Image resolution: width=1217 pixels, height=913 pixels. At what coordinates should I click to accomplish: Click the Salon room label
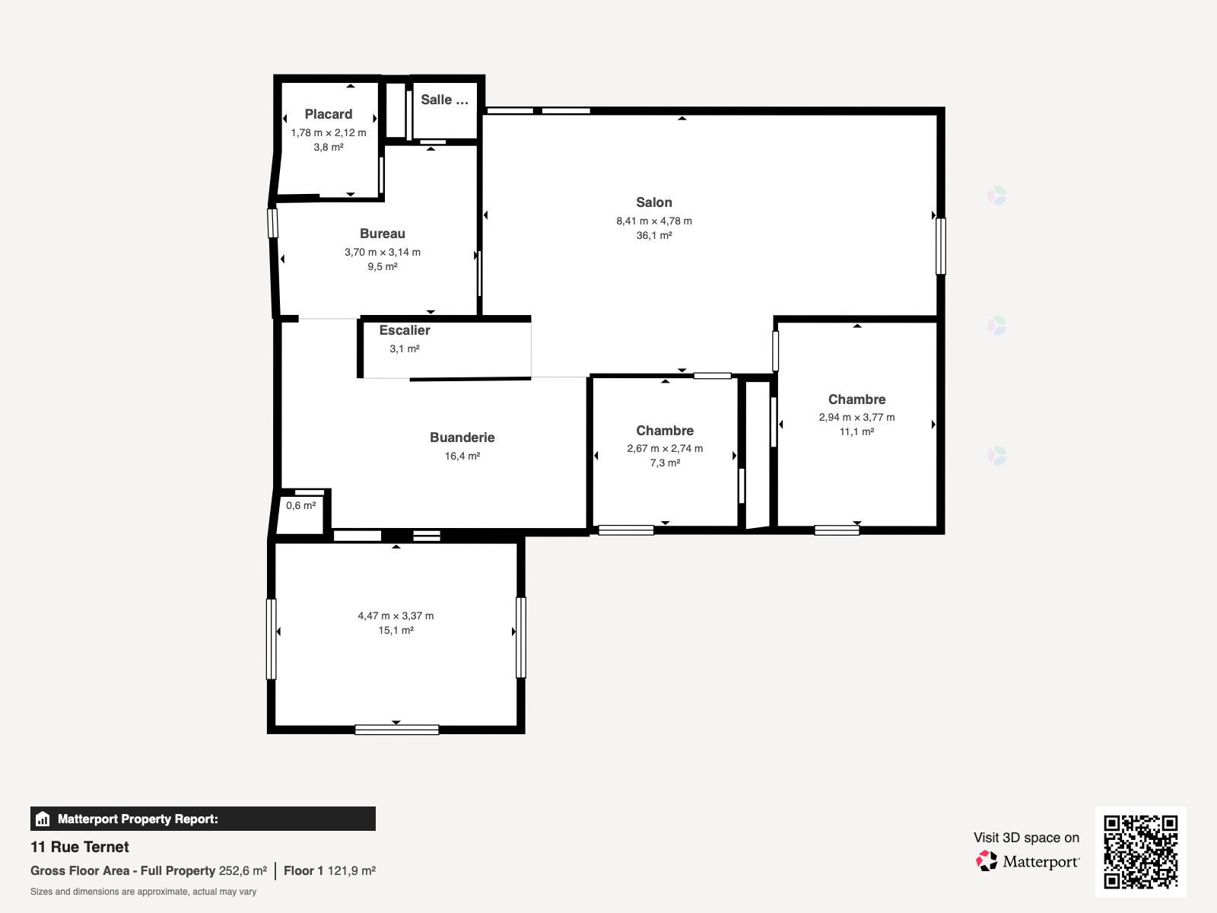(653, 202)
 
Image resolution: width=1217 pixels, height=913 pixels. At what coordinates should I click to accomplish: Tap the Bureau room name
(382, 234)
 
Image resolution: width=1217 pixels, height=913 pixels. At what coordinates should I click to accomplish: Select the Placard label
(329, 114)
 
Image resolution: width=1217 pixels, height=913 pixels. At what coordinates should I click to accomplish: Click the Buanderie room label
(462, 437)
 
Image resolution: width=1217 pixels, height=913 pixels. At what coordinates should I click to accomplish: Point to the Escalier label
(404, 330)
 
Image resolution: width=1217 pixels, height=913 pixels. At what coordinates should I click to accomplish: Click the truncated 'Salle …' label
(444, 100)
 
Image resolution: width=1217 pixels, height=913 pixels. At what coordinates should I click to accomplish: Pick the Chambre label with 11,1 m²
(856, 399)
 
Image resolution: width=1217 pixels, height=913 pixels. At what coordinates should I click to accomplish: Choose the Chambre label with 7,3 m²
(665, 431)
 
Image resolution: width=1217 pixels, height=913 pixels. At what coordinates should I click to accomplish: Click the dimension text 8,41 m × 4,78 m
(653, 221)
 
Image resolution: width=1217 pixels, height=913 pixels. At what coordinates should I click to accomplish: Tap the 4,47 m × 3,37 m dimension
(396, 616)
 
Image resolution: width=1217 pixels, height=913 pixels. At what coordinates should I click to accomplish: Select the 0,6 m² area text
(300, 505)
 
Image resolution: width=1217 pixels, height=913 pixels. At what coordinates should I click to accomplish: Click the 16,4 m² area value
(462, 456)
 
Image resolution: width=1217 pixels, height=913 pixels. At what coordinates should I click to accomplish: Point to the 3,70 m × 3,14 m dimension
(382, 253)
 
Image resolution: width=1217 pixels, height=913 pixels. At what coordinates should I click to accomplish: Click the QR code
(1140, 852)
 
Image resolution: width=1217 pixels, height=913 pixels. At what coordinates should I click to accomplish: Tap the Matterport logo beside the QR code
(1027, 861)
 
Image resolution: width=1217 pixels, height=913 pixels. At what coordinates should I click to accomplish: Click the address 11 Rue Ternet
(79, 847)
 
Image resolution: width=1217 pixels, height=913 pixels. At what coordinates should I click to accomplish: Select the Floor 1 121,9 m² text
(329, 871)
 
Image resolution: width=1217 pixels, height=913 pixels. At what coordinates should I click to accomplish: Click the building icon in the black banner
(43, 819)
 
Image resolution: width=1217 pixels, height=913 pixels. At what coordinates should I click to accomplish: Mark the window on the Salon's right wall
(940, 246)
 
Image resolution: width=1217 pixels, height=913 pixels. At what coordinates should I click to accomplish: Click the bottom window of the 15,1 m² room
(396, 730)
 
